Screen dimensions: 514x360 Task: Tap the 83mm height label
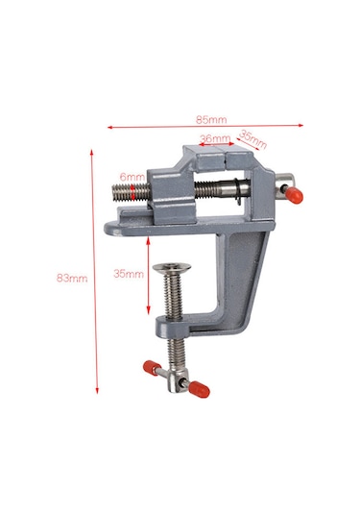pyautogui.click(x=71, y=278)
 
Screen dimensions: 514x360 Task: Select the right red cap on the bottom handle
pyautogui.click(x=200, y=389)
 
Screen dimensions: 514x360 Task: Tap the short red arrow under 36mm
pyautogui.click(x=217, y=147)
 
